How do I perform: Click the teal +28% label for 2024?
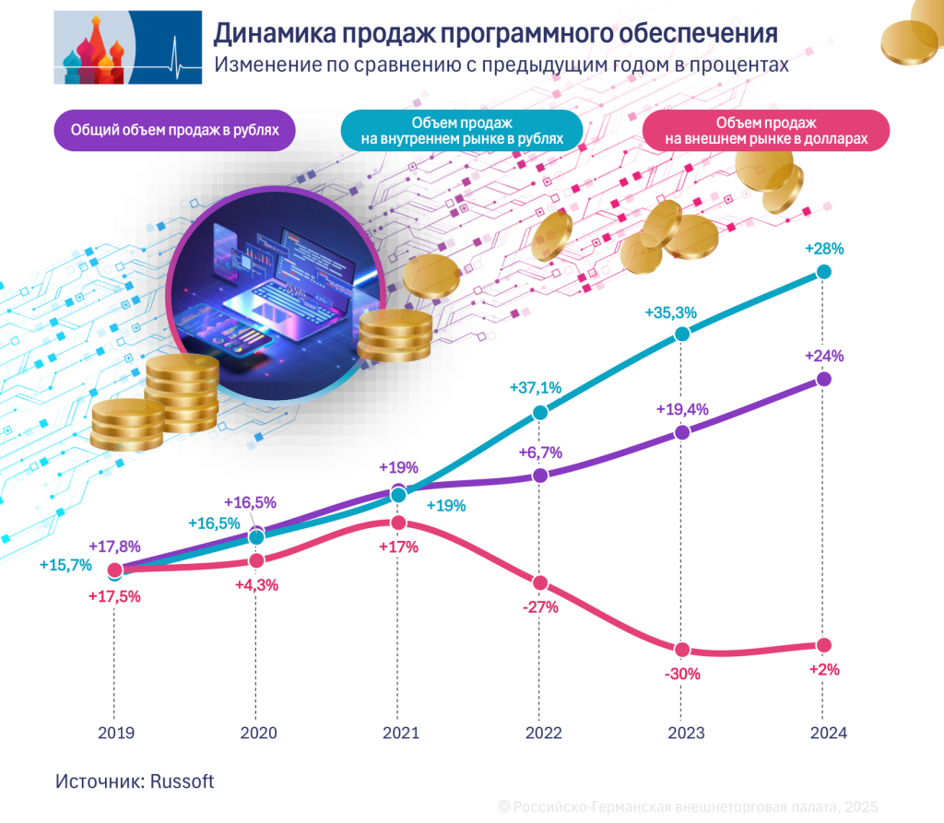tap(824, 249)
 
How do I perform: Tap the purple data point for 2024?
tap(824, 379)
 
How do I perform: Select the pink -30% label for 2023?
tap(682, 674)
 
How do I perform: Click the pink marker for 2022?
tap(540, 583)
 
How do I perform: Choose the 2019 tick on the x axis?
tap(115, 734)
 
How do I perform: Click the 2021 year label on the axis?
tap(398, 734)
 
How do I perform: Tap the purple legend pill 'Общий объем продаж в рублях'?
tap(174, 130)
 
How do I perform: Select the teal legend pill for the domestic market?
tap(462, 130)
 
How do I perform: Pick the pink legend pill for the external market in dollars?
tap(765, 130)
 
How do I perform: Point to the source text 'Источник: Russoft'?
tap(135, 781)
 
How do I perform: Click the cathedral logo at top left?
tap(127, 47)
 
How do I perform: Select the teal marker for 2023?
tap(682, 334)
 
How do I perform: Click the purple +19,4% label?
tap(682, 410)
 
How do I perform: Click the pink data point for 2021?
tap(398, 523)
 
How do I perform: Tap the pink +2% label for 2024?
tap(823, 670)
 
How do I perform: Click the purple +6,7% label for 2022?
tap(540, 453)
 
